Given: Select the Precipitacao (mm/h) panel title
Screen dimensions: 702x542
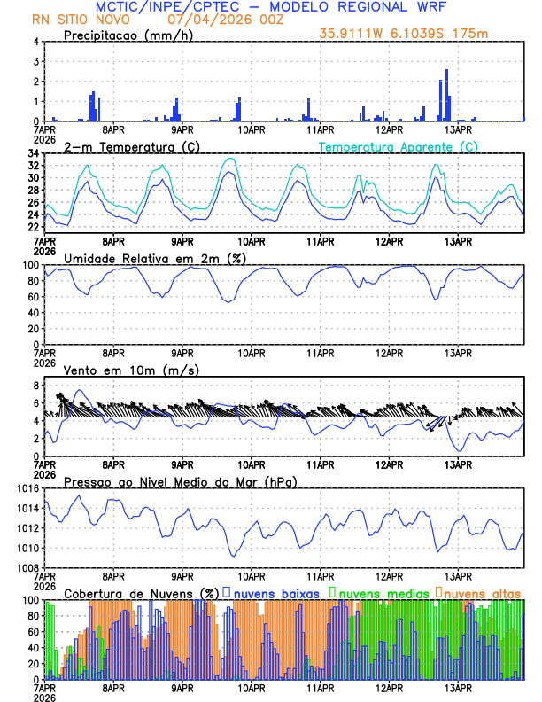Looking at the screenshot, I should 123,35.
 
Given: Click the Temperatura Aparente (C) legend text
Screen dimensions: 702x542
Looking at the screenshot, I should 398,146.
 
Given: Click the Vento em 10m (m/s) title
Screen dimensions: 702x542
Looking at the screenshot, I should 131,370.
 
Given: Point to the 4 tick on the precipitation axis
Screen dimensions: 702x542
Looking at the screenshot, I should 35,42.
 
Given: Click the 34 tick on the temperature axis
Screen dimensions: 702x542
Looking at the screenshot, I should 33,153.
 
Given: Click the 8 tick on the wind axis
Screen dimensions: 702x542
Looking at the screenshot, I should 35,386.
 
